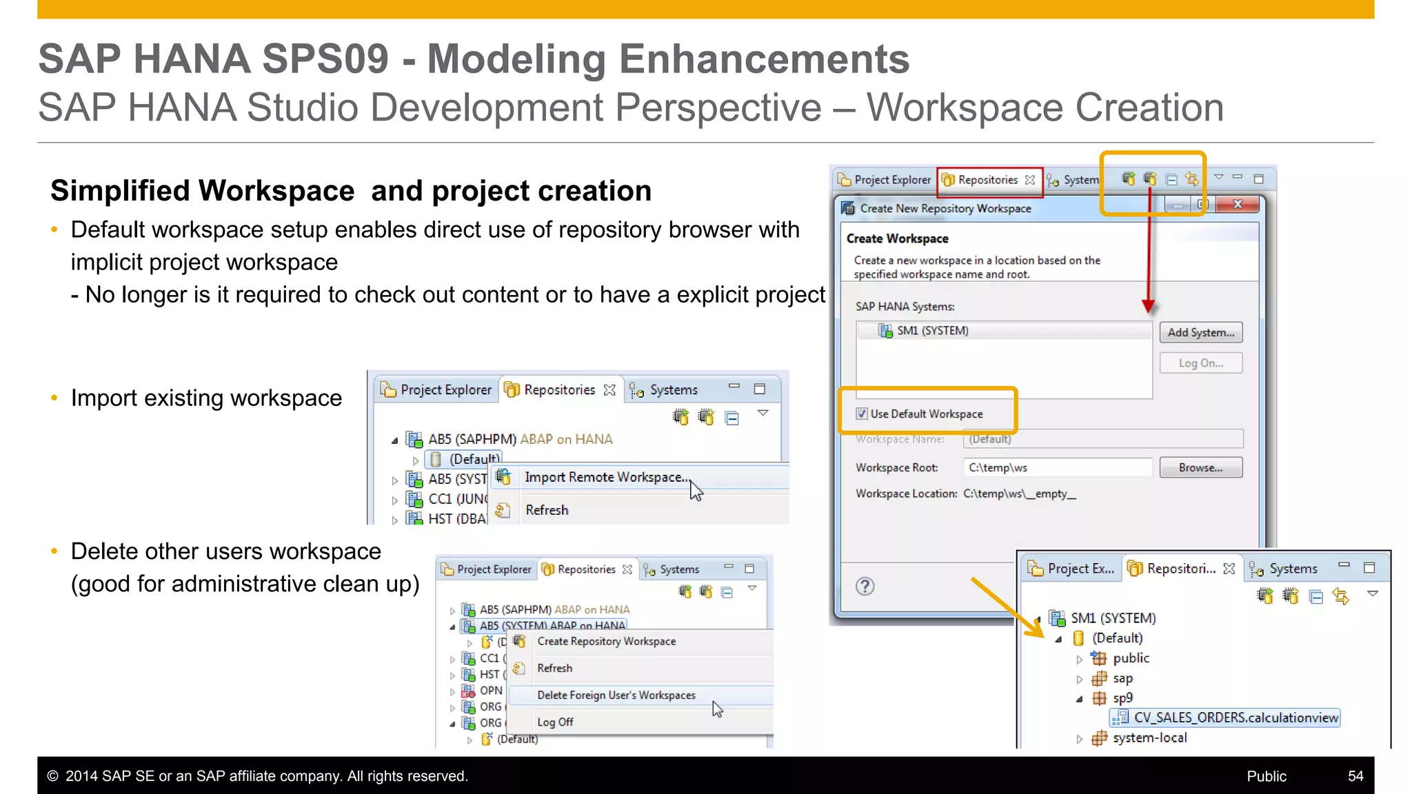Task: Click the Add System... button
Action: coord(1200,332)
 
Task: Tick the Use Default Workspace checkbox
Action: coord(862,414)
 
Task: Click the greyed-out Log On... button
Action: coord(1200,363)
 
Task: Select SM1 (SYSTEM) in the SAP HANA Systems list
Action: coord(932,331)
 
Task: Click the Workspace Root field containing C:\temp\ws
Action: coord(1057,467)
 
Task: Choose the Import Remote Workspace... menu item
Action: coord(605,477)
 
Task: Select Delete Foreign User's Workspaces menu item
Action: coord(616,695)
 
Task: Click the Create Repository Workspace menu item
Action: coord(606,641)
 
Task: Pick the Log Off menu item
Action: coord(555,722)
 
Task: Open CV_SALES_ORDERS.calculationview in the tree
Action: coord(1235,717)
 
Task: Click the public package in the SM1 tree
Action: coord(1131,658)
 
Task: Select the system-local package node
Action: coord(1149,737)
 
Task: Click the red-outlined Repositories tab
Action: coord(987,180)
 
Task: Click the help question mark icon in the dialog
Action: coord(865,586)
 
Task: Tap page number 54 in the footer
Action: coord(1355,776)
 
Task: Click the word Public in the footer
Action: coord(1266,776)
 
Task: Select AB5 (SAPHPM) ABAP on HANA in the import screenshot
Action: coord(520,439)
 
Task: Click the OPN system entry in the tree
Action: coord(490,690)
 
